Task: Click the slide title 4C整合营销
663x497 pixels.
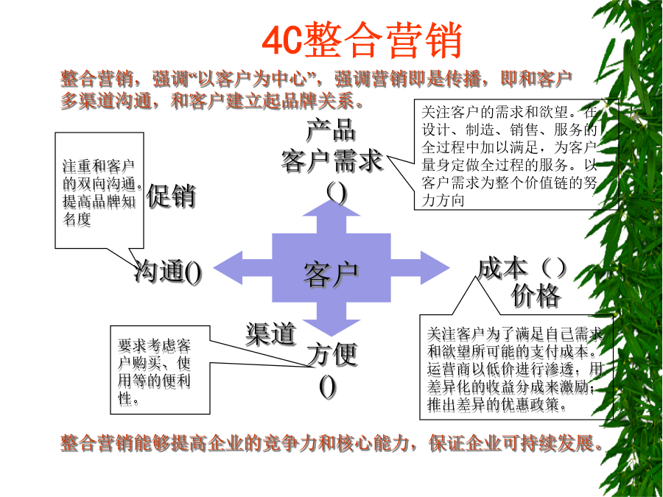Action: (362, 40)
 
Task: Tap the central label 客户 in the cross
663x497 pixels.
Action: (331, 275)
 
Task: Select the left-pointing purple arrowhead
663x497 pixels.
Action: (228, 267)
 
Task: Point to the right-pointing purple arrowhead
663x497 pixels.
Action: (435, 267)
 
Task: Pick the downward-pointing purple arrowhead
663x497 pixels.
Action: (331, 328)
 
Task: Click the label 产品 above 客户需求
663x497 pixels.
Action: (331, 130)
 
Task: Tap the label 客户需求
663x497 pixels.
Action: (332, 161)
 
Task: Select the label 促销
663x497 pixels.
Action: (171, 196)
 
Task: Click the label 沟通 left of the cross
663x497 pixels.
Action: (159, 271)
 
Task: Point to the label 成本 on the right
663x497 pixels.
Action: (502, 269)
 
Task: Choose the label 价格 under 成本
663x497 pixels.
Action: (536, 295)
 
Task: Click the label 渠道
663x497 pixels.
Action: (271, 334)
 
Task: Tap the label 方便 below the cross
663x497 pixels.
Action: (332, 353)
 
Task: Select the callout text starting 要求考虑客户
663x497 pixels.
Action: (155, 372)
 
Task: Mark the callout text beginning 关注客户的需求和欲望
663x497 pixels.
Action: (510, 156)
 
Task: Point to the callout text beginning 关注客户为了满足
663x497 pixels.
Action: (515, 370)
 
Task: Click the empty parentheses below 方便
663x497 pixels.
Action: (328, 387)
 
